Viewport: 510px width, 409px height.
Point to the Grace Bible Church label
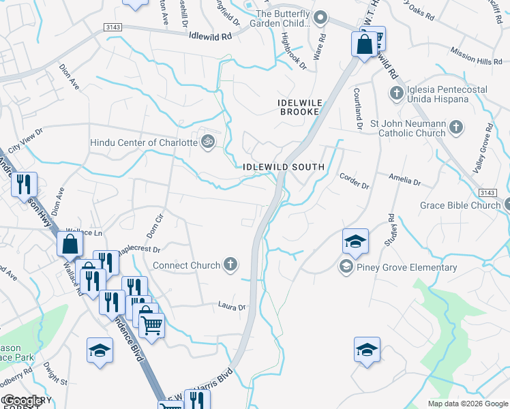point(460,204)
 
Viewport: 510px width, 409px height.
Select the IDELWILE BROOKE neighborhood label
point(299,106)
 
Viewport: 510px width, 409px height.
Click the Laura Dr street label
point(231,307)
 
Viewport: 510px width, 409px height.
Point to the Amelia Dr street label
point(407,180)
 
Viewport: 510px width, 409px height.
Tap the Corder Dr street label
point(354,181)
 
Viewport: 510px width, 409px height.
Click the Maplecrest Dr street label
point(139,252)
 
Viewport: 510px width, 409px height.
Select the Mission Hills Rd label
point(477,57)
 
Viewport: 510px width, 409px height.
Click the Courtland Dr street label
point(357,108)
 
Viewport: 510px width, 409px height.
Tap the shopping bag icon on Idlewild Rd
point(365,44)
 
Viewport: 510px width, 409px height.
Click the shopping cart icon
point(151,324)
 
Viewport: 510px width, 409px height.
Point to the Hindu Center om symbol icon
point(208,142)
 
